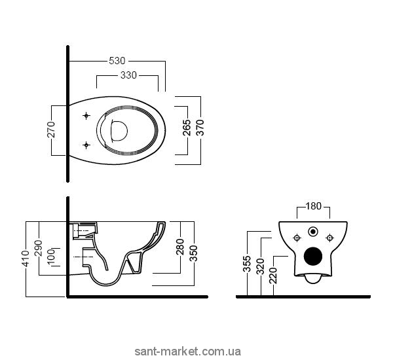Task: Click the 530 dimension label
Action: tap(117, 61)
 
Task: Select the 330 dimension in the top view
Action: tap(128, 75)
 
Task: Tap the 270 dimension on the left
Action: tap(52, 129)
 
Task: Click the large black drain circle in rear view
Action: tap(314, 258)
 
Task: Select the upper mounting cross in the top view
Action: tap(86, 116)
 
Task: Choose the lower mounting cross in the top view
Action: tap(86, 143)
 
